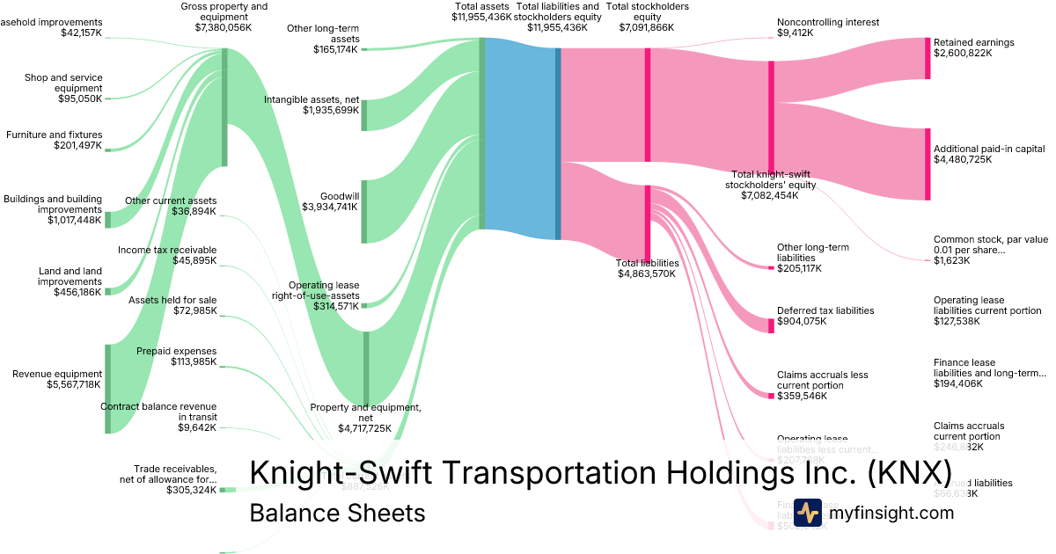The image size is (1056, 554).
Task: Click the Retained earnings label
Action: tap(973, 42)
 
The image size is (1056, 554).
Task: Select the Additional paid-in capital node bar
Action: tap(927, 164)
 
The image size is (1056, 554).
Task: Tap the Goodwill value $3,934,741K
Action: tap(330, 208)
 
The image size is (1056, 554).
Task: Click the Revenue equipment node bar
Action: tap(107, 388)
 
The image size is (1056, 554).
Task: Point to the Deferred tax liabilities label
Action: tap(825, 310)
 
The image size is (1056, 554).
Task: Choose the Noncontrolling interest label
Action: tap(827, 22)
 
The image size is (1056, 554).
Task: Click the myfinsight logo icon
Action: tap(807, 513)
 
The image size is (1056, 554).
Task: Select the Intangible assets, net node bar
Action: tap(364, 115)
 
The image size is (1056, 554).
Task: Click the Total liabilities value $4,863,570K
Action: tap(647, 273)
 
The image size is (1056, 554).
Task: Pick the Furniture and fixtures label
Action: tap(54, 135)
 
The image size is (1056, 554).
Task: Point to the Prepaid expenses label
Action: tap(176, 352)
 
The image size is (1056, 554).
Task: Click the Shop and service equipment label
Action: tap(63, 83)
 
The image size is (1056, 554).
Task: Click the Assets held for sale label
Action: tap(172, 301)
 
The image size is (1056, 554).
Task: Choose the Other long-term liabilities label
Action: tap(812, 252)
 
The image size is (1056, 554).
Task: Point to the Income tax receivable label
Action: tap(167, 250)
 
